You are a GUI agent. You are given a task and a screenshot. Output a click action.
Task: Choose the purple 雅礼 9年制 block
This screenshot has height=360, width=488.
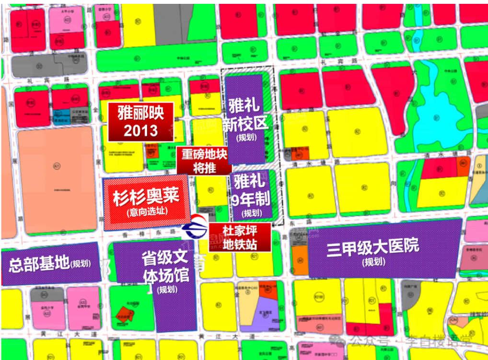252,195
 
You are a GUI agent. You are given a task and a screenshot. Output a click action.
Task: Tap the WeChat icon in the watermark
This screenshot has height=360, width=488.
341,341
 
